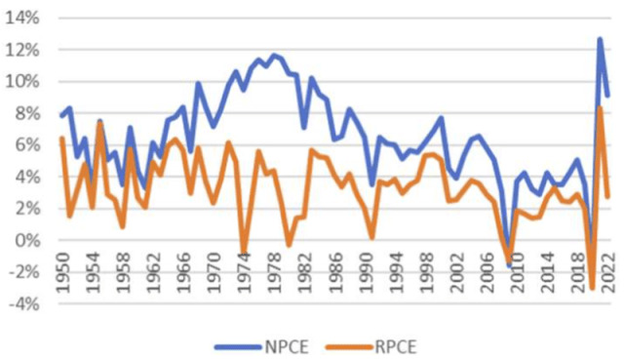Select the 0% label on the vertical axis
click(28, 240)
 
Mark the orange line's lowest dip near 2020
click(592, 288)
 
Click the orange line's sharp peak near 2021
click(600, 107)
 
